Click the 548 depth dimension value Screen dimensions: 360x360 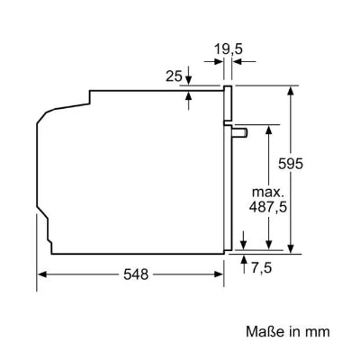click(x=135, y=273)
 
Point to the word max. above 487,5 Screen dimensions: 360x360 click(x=268, y=193)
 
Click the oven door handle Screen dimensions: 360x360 click(x=240, y=131)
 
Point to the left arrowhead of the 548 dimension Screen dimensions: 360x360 click(x=40, y=274)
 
